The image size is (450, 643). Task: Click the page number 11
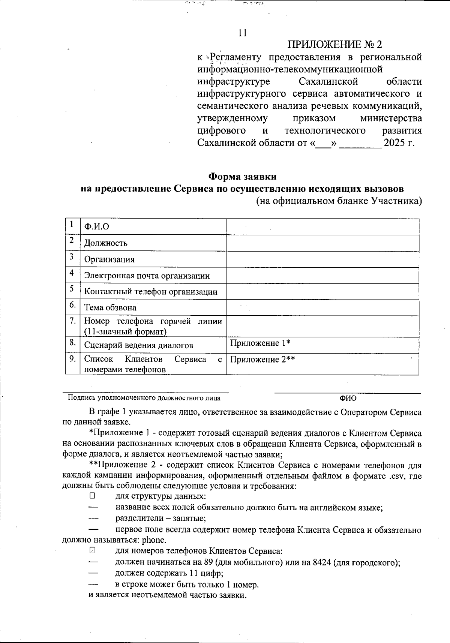243,33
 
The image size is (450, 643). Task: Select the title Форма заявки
242,176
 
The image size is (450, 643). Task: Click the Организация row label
109,259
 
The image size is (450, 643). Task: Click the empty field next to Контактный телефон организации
322,292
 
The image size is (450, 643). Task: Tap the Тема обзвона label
110,308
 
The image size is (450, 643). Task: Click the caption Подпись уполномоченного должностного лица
144,398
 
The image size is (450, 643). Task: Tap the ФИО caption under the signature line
348,398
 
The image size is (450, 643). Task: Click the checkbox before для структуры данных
92,496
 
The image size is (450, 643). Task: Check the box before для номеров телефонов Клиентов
92,551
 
